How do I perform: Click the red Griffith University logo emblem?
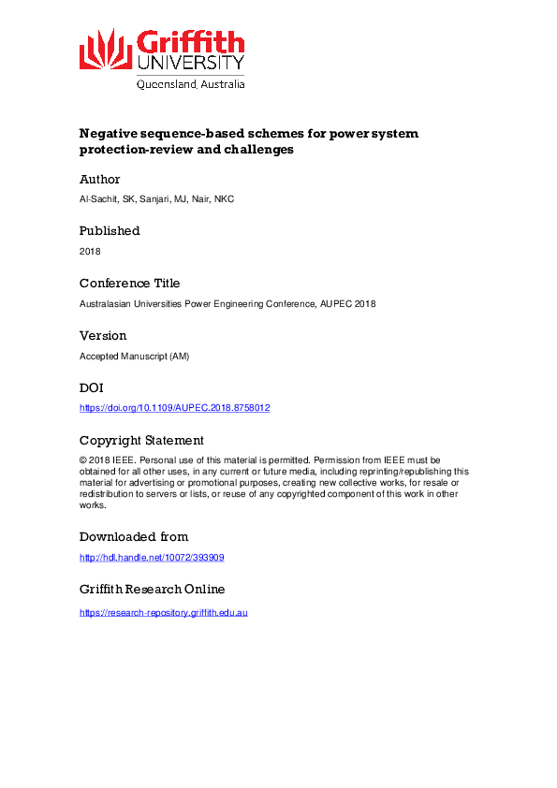point(105,49)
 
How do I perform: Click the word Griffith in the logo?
point(191,42)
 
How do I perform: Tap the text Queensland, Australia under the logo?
point(191,83)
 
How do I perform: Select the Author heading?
point(99,179)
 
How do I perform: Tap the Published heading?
point(110,230)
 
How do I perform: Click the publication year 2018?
point(91,251)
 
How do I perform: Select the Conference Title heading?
point(129,283)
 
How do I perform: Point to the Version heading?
point(103,335)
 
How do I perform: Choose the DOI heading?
point(92,387)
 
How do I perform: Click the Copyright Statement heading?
point(141,440)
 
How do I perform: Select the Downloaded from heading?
point(134,536)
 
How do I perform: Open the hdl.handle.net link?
point(152,557)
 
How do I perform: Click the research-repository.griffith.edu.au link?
point(163,612)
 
